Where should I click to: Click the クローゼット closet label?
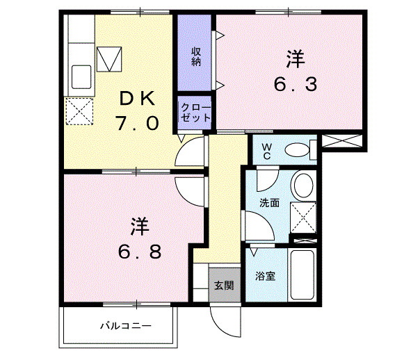coord(195,113)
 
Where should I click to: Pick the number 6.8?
coord(139,250)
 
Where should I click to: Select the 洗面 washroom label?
coord(270,203)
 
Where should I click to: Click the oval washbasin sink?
coord(303,186)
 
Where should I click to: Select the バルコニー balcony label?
coord(125,325)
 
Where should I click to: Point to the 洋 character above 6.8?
coord(140,226)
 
